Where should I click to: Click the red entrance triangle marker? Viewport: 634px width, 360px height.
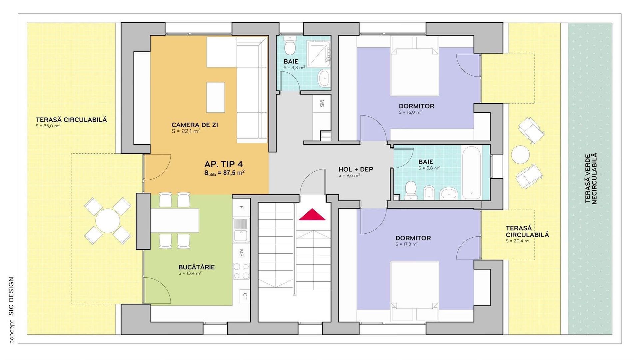[x=312, y=215]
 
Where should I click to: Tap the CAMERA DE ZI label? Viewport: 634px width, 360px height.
[x=195, y=125]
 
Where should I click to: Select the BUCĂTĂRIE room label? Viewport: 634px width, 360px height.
[x=197, y=267]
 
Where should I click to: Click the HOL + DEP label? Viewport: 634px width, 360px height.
[x=356, y=169]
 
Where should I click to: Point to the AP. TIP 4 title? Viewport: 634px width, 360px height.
[x=224, y=164]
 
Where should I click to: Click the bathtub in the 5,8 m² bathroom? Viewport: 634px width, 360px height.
[x=471, y=172]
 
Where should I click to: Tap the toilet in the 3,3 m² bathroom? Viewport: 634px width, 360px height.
[x=290, y=46]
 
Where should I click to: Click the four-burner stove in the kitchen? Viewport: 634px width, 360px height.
[x=241, y=271]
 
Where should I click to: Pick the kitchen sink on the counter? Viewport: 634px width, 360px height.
[x=241, y=230]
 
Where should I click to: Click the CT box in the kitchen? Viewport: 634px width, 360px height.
[x=245, y=296]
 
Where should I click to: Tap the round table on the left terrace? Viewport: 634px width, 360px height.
[x=107, y=221]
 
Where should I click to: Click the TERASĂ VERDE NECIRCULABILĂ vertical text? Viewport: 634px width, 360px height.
[x=591, y=178]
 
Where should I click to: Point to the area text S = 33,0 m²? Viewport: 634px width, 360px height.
[x=48, y=126]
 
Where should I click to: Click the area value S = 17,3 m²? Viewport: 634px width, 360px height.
[x=407, y=244]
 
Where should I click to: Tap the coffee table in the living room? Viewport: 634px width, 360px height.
[x=215, y=97]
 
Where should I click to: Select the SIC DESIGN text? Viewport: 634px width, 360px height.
[x=11, y=296]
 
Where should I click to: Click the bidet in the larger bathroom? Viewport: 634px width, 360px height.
[x=429, y=192]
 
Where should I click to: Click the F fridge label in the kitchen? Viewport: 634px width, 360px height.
[x=242, y=207]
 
